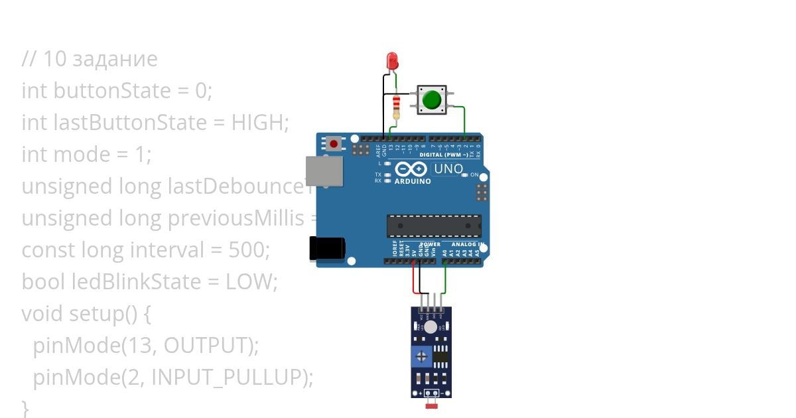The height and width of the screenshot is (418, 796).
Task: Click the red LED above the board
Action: (392, 61)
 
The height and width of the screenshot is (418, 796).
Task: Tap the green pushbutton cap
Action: (432, 100)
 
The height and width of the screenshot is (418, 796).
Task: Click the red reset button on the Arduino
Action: (334, 143)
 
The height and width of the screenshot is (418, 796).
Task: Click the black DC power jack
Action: (328, 247)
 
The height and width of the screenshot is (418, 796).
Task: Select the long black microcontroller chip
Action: (434, 226)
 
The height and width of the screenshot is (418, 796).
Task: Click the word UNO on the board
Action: (448, 169)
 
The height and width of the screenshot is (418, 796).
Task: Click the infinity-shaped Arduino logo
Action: (411, 169)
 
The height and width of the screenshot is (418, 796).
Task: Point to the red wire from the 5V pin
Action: (415, 279)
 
